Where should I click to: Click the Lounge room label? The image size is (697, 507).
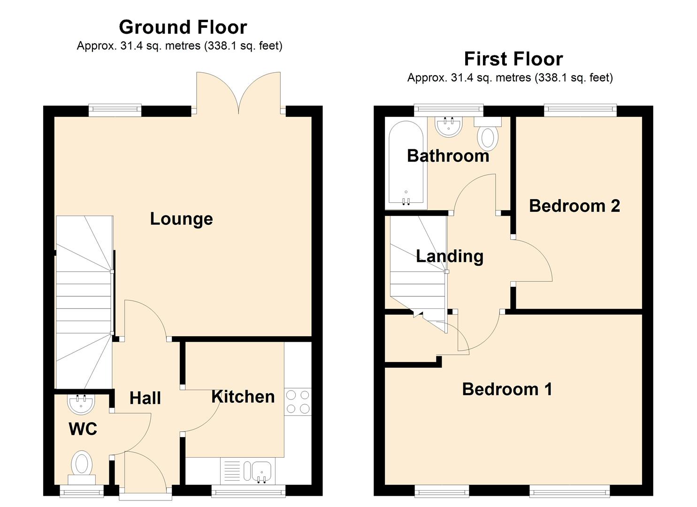coord(181,219)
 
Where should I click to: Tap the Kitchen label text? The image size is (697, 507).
coord(243,397)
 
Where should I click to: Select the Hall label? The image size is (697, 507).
coord(146,398)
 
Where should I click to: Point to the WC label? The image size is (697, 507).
coord(83,429)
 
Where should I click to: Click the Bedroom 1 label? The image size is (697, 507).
coord(507,389)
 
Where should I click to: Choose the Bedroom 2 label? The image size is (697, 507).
coord(574,206)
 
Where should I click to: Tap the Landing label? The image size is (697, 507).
coord(450,257)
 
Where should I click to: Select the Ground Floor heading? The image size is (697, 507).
coord(183,27)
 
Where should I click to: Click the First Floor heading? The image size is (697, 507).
coord(513,59)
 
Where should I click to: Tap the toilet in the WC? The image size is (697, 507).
coord(82,468)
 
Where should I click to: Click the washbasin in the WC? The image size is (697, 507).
coord(81,404)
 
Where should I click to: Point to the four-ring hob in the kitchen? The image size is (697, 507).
coord(298,401)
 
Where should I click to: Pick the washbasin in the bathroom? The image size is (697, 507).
coord(448,126)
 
